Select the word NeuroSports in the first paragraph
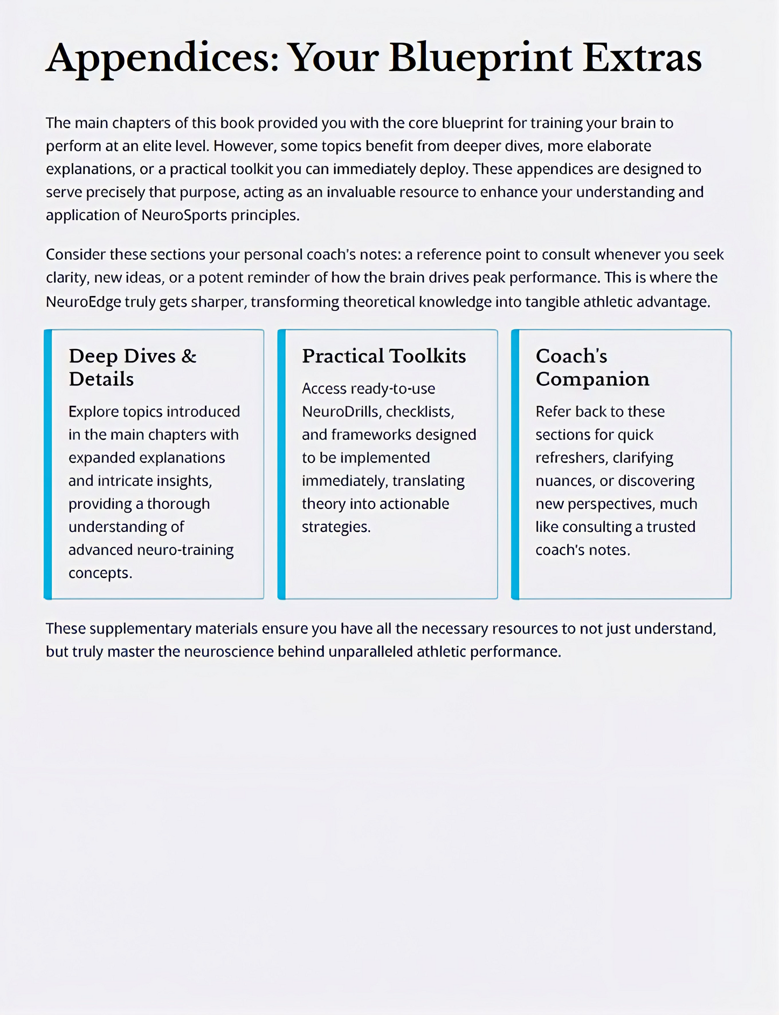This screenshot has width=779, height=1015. click(184, 215)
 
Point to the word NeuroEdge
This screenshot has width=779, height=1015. click(83, 302)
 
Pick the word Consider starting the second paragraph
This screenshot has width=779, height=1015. click(75, 255)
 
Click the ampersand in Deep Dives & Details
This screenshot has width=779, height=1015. click(189, 356)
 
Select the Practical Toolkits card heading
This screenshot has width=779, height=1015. click(384, 356)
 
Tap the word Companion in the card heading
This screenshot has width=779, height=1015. click(592, 379)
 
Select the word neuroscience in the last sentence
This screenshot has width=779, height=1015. click(229, 652)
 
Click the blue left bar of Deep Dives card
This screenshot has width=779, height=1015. click(48, 464)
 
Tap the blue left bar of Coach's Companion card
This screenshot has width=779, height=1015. click(515, 464)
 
